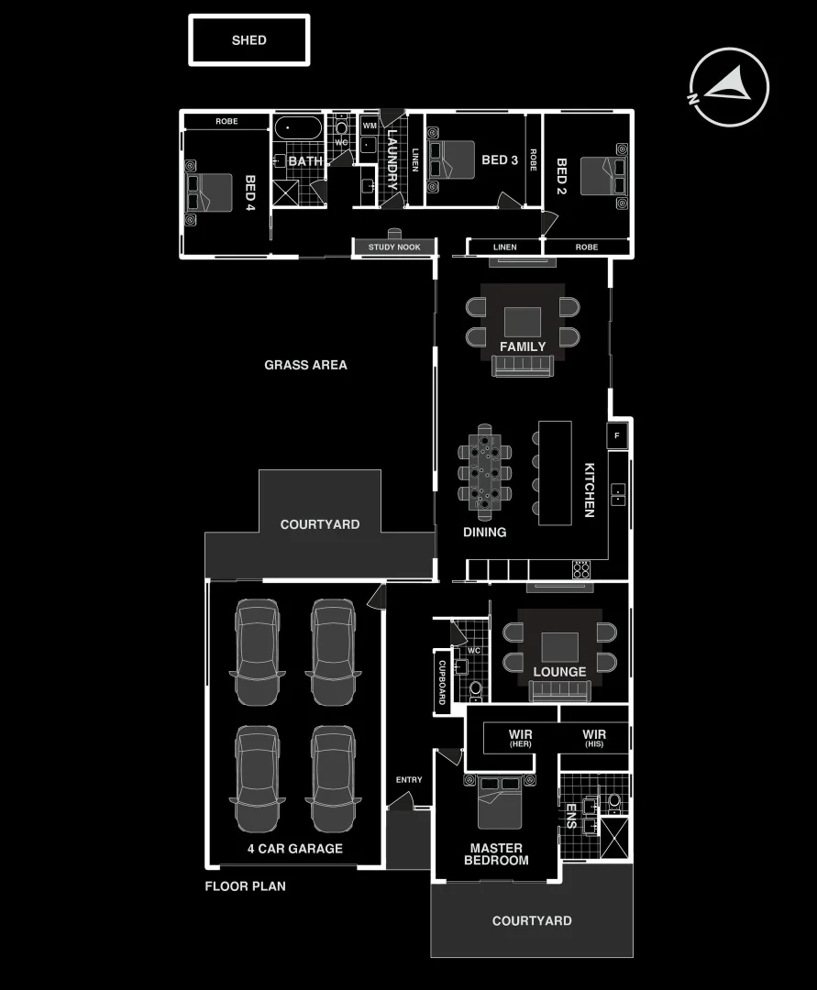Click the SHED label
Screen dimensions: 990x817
248,40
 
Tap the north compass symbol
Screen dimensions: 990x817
729,86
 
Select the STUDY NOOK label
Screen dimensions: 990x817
394,247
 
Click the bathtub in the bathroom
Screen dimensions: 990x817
298,126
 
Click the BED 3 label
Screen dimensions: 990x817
500,160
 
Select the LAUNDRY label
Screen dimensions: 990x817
392,159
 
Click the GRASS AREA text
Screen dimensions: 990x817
305,365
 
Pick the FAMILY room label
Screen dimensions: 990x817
523,346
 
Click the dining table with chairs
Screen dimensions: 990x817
484,467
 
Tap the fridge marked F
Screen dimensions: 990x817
617,435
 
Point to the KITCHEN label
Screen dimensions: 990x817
591,489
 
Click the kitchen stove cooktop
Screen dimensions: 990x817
582,569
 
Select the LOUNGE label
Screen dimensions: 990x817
559,672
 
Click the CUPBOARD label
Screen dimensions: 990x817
441,681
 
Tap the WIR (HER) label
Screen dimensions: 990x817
520,738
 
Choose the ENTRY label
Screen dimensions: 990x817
409,780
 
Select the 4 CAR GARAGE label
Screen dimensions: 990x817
294,849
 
